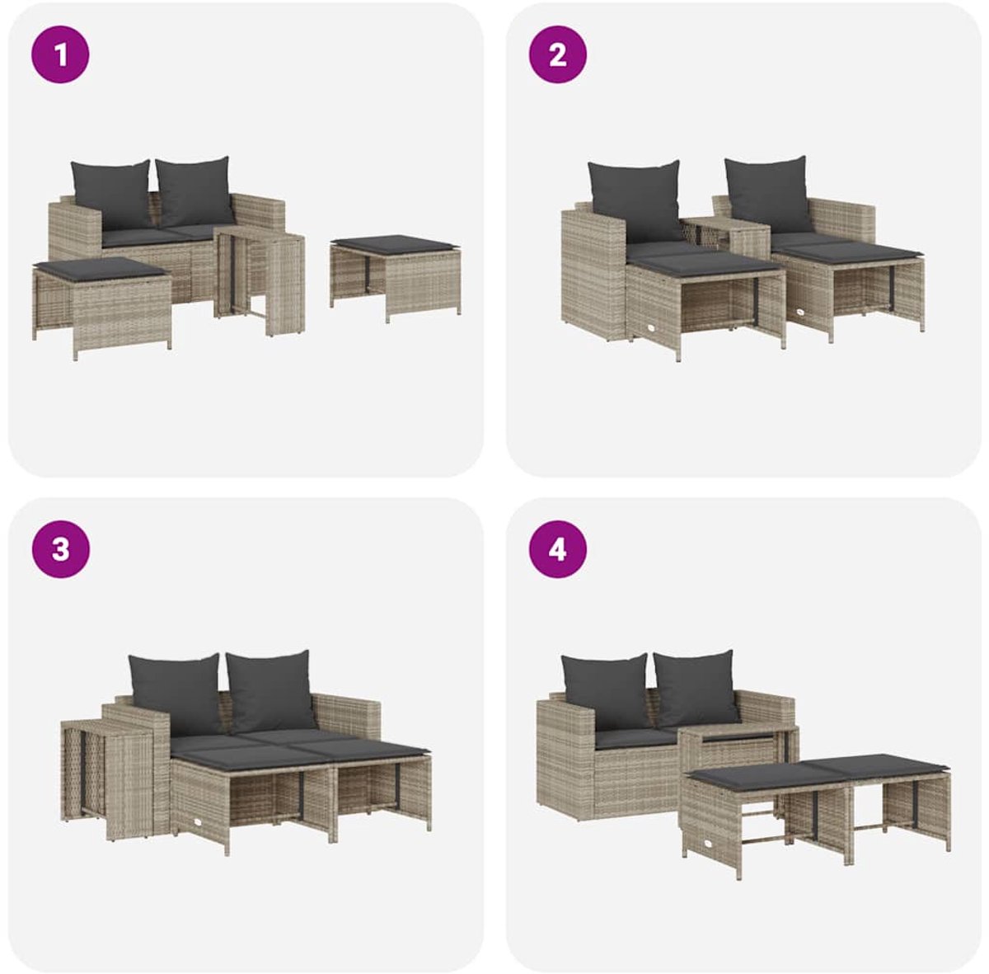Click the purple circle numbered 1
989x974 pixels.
coord(60,54)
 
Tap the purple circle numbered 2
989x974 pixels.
coord(558,54)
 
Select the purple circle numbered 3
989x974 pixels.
coord(60,549)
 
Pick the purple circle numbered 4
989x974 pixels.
coord(558,549)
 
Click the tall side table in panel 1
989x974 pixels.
coord(260,283)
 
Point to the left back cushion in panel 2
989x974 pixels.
coord(635,201)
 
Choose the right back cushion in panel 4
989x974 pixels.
coord(696,688)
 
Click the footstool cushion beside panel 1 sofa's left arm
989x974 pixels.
coord(101,269)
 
